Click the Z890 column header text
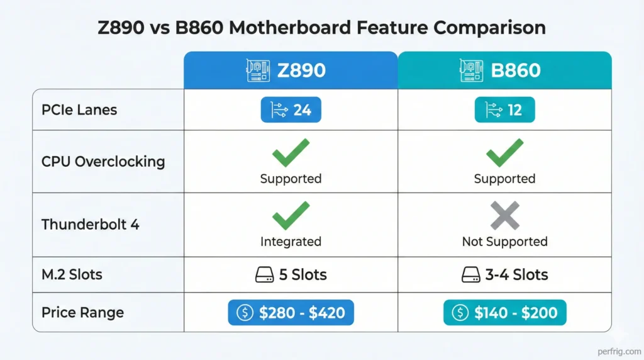point(302,70)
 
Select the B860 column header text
point(516,70)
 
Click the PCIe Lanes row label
point(79,110)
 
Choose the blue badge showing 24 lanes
point(291,110)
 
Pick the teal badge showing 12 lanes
point(504,110)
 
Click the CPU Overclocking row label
point(103,161)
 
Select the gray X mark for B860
point(504,215)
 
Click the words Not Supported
point(504,242)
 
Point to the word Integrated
point(291,242)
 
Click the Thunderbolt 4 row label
point(91,224)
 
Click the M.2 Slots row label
point(72,274)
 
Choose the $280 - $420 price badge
point(291,313)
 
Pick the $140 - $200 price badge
point(504,313)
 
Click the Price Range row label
point(82,313)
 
